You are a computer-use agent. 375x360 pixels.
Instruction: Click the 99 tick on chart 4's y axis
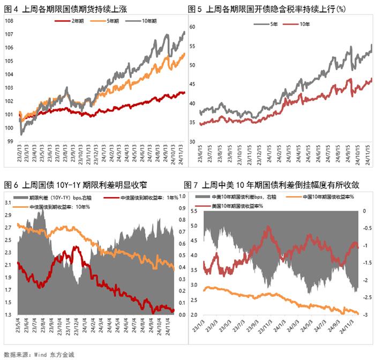10,141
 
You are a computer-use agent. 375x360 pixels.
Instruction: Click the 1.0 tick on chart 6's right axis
182,196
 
